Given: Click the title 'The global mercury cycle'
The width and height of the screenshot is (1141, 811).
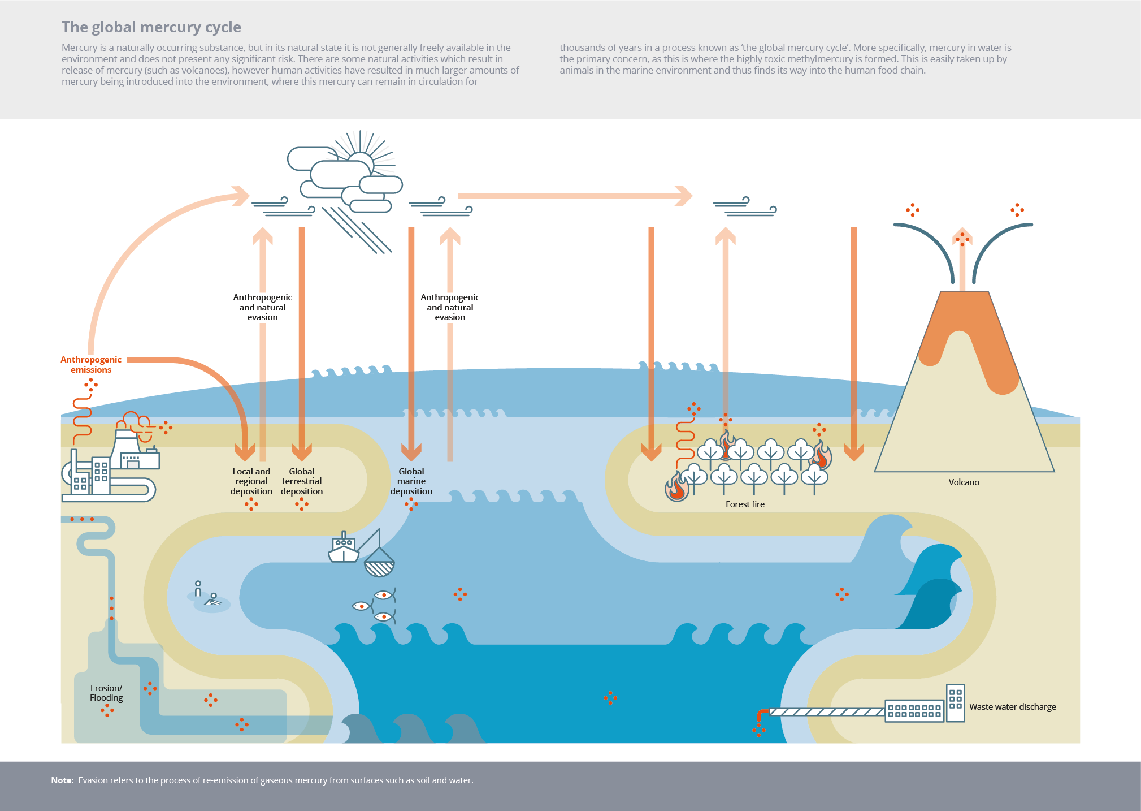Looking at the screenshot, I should tap(151, 27).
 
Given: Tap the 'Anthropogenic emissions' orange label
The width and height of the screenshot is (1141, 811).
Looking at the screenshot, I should tap(91, 364).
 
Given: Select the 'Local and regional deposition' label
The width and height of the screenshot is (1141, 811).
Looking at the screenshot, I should tap(251, 481).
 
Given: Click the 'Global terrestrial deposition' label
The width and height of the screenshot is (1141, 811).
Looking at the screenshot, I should tap(302, 481).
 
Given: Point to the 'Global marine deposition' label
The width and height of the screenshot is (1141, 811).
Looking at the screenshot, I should tap(411, 481).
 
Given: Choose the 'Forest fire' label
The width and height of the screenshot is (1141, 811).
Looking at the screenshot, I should tap(745, 504).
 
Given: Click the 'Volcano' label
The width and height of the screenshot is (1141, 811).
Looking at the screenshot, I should tap(964, 482).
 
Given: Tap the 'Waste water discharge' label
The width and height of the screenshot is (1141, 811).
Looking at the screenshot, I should tap(1012, 707).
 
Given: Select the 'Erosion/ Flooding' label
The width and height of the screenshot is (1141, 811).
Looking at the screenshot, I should tap(106, 693).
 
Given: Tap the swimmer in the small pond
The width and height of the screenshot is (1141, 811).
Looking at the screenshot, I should tap(212, 601).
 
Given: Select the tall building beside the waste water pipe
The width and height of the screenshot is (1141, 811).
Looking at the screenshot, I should tap(955, 702).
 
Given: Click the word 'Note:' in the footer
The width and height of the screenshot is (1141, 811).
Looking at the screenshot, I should tap(62, 780).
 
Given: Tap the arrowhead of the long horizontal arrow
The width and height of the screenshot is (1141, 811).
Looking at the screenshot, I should tap(685, 196).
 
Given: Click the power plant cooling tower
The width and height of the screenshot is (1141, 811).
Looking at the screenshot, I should tap(126, 447).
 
